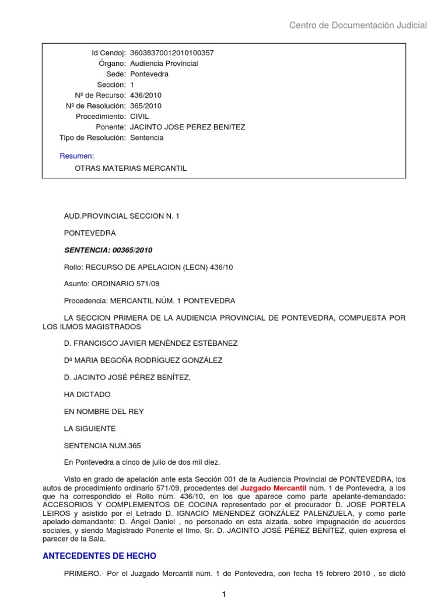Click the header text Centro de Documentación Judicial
[358, 25]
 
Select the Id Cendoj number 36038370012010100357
[171, 53]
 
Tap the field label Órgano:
[113, 64]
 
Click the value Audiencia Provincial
[164, 64]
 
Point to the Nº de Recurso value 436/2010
[146, 96]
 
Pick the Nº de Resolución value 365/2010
[146, 106]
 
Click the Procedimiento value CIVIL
[139, 117]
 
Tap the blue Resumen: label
[76, 156]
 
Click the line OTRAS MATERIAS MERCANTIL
[131, 168]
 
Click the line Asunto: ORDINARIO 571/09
[111, 284]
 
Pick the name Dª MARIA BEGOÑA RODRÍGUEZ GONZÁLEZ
[143, 360]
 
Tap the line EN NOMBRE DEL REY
[104, 412]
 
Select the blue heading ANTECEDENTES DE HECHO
[100, 556]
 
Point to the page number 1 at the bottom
[223, 594]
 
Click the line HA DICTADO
[87, 395]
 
